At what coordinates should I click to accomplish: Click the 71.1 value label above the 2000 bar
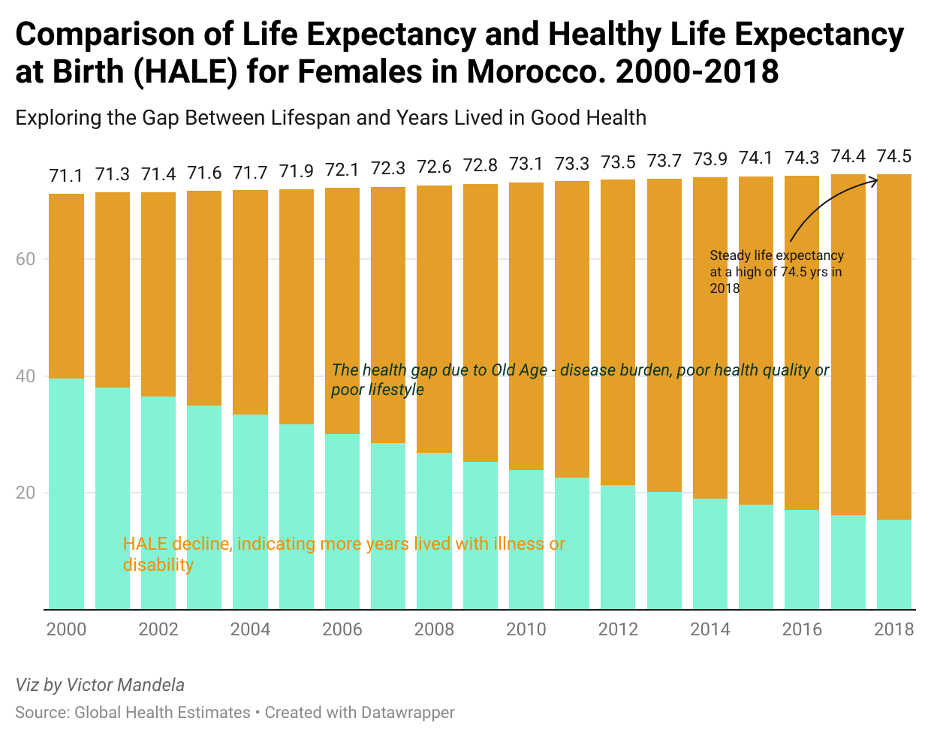pos(66,176)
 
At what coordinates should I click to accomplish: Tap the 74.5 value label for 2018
pos(893,156)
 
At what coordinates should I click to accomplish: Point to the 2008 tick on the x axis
pos(434,629)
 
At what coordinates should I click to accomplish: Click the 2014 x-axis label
pos(710,629)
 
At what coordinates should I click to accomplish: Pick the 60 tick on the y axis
pos(26,259)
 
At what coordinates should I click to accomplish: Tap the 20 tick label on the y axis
pos(26,493)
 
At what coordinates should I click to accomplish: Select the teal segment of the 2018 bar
pos(893,564)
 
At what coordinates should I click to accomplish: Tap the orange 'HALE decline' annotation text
pos(344,553)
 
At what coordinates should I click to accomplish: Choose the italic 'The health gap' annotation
pos(580,379)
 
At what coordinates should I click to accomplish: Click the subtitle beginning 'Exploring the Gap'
pos(330,118)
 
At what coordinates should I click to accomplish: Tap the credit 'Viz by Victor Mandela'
pos(100,685)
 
